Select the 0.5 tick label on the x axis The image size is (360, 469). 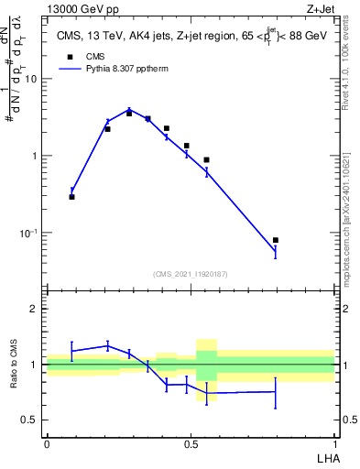[x=190, y=442]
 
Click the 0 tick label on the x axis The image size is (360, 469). [x=47, y=442]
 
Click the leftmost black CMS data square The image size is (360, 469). [x=71, y=197]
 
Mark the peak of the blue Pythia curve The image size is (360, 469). [x=129, y=109]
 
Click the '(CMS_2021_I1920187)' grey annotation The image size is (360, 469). [x=191, y=273]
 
